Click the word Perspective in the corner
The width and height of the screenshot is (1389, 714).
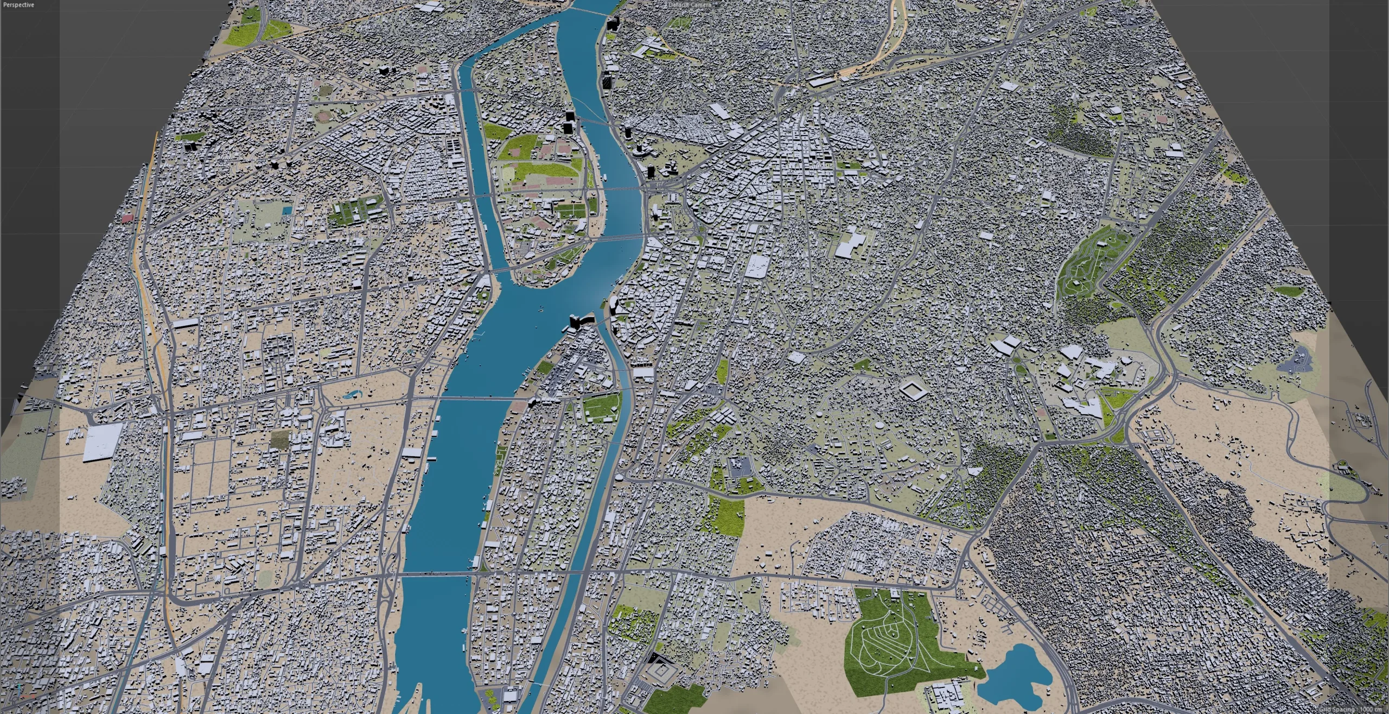[18, 5]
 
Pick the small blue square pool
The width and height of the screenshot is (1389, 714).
[286, 210]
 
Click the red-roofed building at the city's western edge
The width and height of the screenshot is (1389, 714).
[128, 218]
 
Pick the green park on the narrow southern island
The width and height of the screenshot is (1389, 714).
[601, 408]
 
